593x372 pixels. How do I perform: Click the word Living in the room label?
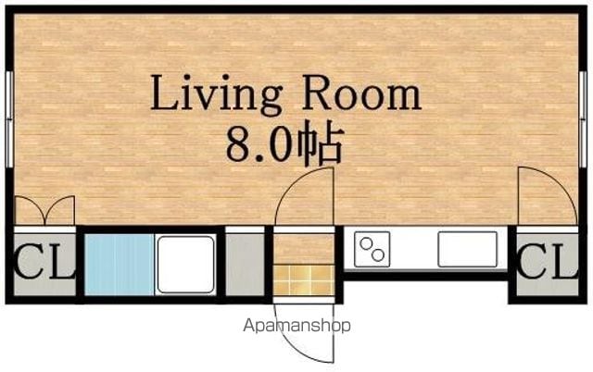click(216, 94)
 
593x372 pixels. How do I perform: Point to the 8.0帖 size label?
click(284, 143)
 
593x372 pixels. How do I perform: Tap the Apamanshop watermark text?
click(296, 325)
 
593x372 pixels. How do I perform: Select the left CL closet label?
click(44, 261)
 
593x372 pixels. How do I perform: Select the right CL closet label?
click(548, 261)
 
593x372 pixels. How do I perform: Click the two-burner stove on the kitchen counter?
click(372, 249)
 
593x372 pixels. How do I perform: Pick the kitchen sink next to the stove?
click(467, 249)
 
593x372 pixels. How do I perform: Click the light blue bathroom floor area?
click(120, 265)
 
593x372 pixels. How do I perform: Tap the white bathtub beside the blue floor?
click(185, 265)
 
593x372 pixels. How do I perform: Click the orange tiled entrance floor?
click(304, 279)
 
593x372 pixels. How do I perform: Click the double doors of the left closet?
click(44, 210)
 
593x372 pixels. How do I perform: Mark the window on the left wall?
click(10, 119)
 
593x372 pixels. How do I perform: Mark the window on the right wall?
click(583, 119)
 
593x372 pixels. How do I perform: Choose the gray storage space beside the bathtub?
click(245, 265)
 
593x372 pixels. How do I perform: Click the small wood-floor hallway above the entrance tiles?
click(304, 249)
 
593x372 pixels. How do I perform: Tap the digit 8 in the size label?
click(238, 144)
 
